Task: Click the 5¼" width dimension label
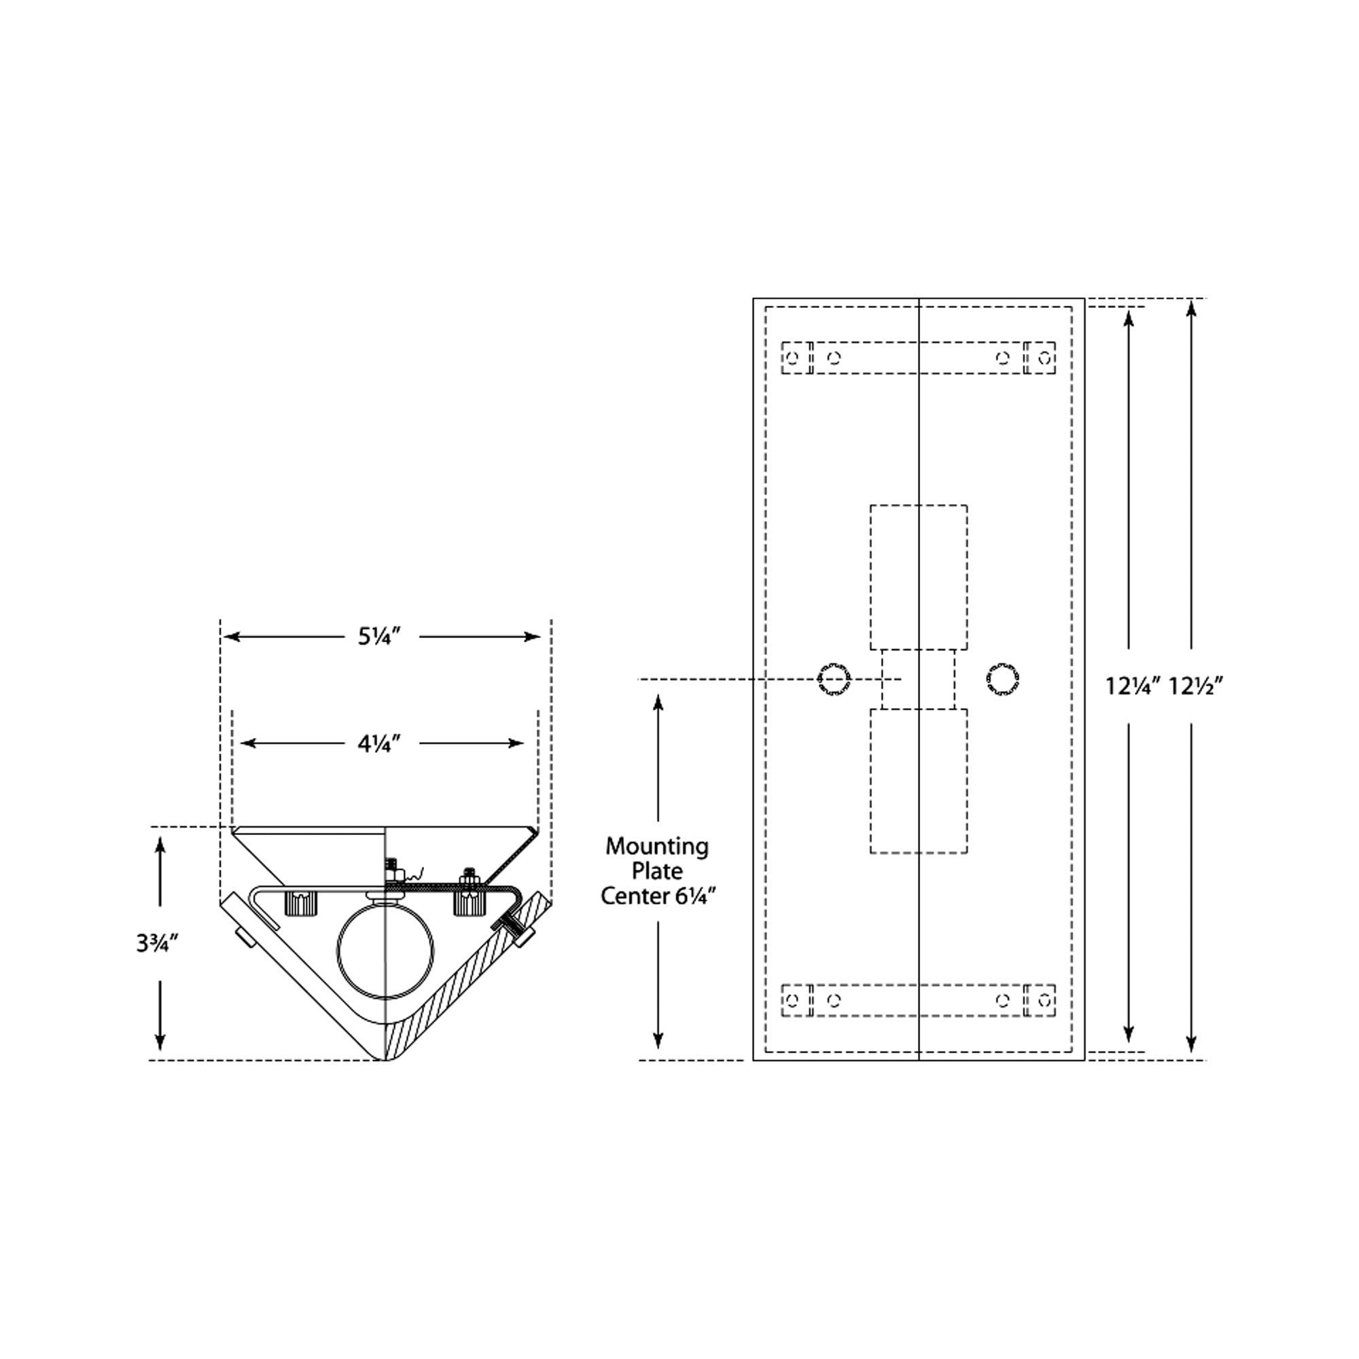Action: pyautogui.click(x=379, y=637)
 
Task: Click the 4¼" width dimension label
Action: pyautogui.click(x=379, y=743)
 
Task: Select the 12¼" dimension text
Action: pyautogui.click(x=1131, y=686)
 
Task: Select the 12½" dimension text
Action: pyautogui.click(x=1196, y=686)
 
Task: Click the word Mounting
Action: pyautogui.click(x=657, y=846)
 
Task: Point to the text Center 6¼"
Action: pyautogui.click(x=658, y=897)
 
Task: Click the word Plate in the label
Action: pyautogui.click(x=657, y=872)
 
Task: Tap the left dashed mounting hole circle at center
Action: pyautogui.click(x=834, y=679)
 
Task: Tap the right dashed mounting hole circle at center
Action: pyautogui.click(x=1002, y=679)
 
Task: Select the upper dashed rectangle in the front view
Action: pyautogui.click(x=918, y=577)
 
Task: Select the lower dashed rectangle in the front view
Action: pyautogui.click(x=918, y=781)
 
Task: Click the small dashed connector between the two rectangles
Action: pyautogui.click(x=918, y=679)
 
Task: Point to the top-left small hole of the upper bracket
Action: pyautogui.click(x=793, y=358)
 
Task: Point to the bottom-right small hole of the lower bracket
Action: pyautogui.click(x=1045, y=1000)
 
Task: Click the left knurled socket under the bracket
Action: pyautogui.click(x=301, y=903)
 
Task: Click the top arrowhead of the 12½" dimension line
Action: pyautogui.click(x=1191, y=308)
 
